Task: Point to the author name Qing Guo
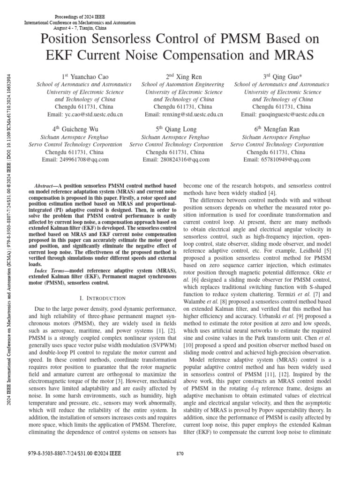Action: click(x=285, y=76)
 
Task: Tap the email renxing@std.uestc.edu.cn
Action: click(x=184, y=114)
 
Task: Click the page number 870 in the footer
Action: click(x=180, y=453)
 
